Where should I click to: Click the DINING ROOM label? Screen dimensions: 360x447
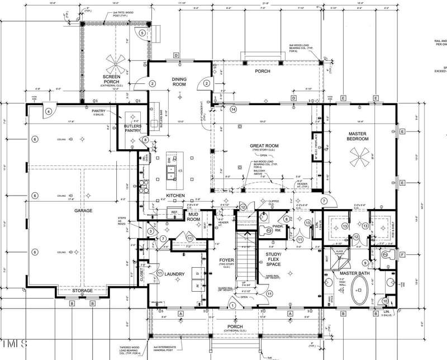tap(179, 82)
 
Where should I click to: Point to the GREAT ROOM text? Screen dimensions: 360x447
tap(264, 147)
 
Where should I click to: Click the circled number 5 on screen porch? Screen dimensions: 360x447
tap(142, 34)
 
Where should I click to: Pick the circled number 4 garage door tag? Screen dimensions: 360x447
tap(49, 111)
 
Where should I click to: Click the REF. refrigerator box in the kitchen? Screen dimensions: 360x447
tap(174, 212)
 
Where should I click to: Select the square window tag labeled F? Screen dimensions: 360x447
tap(402, 255)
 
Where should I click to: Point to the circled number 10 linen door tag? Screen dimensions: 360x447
tap(386, 301)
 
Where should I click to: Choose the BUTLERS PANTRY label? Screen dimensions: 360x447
tap(132, 129)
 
